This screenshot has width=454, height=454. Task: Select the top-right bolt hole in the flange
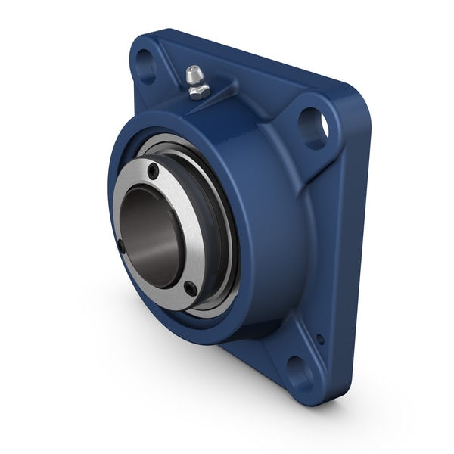coord(313,127)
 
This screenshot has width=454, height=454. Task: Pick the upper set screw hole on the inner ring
coord(154,171)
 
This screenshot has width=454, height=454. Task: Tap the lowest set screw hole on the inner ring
coord(191,288)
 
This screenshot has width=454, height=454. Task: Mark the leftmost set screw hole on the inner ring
coord(121,245)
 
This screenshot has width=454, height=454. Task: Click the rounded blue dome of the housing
coord(272,219)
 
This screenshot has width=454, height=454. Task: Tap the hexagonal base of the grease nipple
coord(198,92)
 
